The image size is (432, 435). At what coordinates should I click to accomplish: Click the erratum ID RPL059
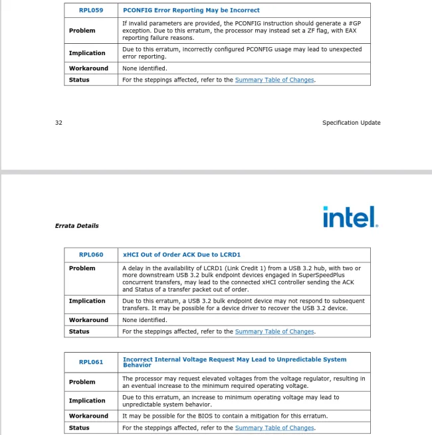click(91, 10)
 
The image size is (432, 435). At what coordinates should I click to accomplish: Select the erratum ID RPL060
click(91, 254)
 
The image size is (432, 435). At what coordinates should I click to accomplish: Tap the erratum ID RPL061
click(91, 362)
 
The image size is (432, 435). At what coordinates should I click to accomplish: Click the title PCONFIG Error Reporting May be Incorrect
click(191, 10)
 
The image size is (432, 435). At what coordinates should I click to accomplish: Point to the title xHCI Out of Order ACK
click(181, 254)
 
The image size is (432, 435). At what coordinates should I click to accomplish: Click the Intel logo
click(350, 217)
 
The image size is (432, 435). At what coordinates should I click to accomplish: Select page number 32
click(59, 123)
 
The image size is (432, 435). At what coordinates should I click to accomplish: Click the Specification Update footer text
click(351, 123)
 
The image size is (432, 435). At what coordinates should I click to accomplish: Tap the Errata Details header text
click(76, 226)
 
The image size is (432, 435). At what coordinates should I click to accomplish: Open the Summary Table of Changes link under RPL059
click(274, 80)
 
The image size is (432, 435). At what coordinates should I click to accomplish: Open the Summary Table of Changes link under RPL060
click(274, 331)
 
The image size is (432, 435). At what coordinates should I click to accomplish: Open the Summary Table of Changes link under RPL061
click(274, 428)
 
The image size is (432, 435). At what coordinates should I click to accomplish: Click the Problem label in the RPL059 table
click(82, 31)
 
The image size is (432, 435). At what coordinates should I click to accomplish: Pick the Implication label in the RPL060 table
click(87, 301)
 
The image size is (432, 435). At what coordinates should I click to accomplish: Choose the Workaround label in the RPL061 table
click(88, 416)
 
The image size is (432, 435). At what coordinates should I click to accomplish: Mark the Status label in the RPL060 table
click(79, 331)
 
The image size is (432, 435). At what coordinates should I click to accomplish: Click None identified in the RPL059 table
click(144, 68)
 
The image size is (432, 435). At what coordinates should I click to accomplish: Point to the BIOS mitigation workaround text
click(225, 416)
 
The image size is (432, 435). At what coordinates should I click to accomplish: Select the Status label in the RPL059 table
click(79, 80)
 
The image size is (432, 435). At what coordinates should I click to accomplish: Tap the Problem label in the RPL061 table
click(82, 382)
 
